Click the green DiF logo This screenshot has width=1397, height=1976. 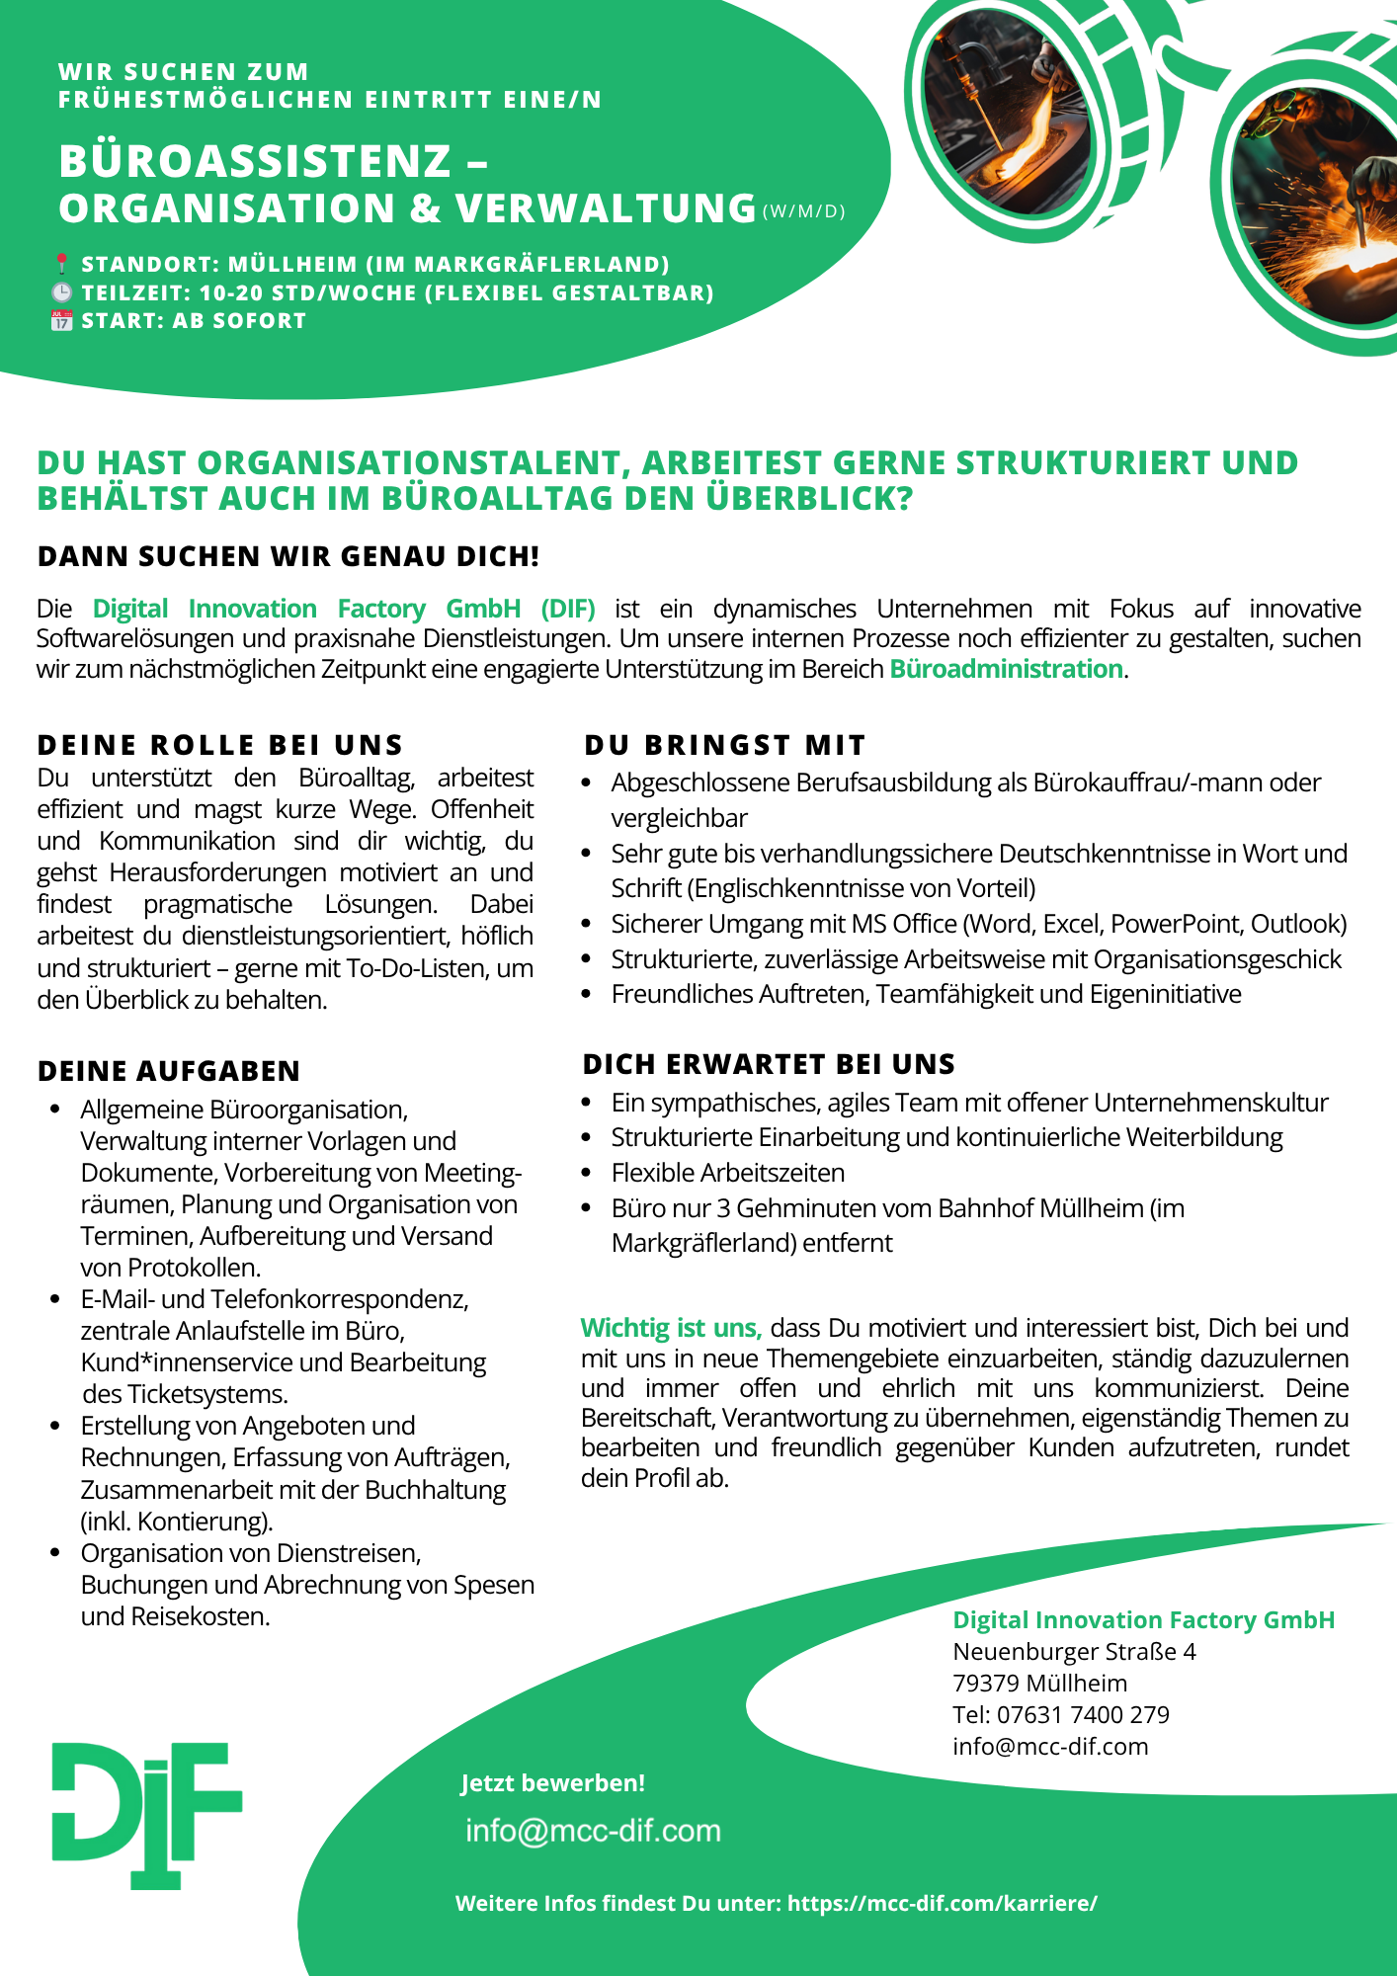(x=146, y=1815)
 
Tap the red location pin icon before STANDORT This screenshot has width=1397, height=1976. (x=61, y=264)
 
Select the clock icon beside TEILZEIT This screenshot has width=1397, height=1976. (x=61, y=292)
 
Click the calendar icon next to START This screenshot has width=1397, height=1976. (x=61, y=320)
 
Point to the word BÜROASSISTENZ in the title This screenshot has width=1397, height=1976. (x=255, y=161)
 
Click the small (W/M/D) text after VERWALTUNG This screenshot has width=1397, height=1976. (x=804, y=211)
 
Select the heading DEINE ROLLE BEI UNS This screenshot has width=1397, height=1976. (x=220, y=745)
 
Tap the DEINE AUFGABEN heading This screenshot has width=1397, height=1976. (x=169, y=1071)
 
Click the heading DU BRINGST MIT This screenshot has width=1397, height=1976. (x=724, y=745)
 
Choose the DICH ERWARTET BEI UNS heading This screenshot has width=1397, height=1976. (x=769, y=1064)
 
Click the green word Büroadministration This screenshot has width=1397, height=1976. (x=1006, y=669)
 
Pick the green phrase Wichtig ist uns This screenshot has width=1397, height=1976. (x=671, y=1328)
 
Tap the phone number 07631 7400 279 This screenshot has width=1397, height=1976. (x=1083, y=1714)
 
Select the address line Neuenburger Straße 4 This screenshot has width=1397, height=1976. (x=1074, y=1651)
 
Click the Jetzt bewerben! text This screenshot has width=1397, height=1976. (x=552, y=1783)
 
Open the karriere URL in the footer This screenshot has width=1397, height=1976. (x=942, y=1903)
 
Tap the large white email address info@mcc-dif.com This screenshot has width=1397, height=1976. (x=593, y=1831)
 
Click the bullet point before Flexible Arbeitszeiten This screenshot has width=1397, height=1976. (x=587, y=1174)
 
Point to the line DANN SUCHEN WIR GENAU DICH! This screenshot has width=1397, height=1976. (x=288, y=556)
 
